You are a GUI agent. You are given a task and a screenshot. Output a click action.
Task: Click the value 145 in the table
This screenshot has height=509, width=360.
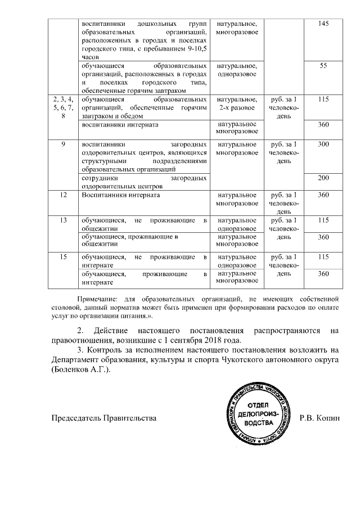323,24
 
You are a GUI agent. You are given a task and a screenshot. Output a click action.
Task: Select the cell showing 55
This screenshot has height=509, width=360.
323,66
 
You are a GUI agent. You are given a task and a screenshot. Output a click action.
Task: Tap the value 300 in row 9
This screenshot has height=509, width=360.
323,145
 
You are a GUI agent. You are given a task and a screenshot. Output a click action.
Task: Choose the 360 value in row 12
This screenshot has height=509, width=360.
323,195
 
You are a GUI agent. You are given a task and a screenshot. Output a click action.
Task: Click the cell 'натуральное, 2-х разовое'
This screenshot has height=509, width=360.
237,103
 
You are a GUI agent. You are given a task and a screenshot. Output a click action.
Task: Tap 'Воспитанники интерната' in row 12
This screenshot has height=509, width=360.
121,195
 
